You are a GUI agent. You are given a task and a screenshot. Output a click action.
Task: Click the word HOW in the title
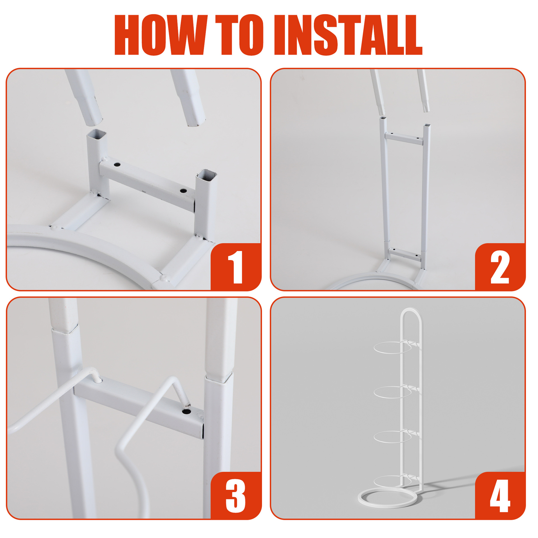pos(161,35)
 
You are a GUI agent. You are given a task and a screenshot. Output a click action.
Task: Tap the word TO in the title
pos(240,35)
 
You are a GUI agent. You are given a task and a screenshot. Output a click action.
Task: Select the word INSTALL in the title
pos(348,35)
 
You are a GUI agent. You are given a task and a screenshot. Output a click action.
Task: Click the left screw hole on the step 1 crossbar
pos(117,164)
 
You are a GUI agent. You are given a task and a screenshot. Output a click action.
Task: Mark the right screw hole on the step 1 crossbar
pos(183,191)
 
